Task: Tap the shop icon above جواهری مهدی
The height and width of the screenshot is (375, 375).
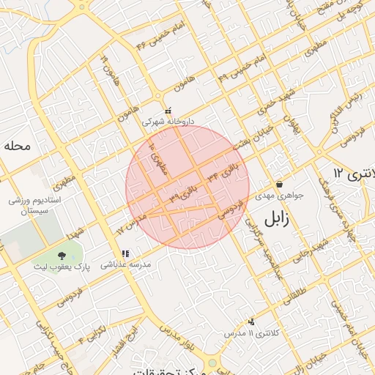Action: pos(279,184)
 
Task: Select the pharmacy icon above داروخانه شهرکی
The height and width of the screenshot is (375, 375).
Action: pos(168,111)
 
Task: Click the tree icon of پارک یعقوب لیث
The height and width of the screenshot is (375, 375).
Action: pos(61,255)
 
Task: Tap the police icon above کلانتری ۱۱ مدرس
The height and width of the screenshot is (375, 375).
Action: pos(251,321)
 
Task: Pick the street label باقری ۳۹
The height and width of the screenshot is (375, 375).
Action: pos(184,196)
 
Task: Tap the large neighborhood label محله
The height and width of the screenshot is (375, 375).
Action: pos(17,146)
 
